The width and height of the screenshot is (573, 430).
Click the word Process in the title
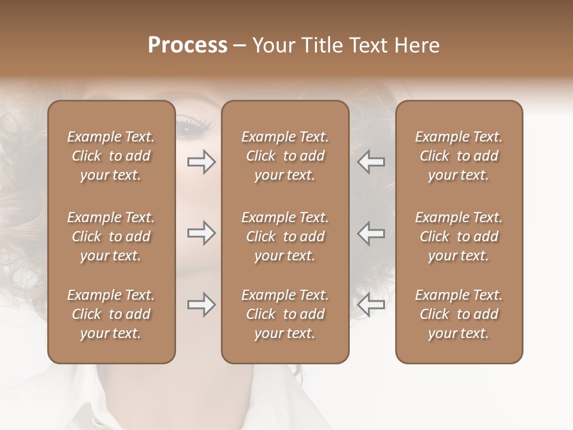(187, 45)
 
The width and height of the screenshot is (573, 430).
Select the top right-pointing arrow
(202, 162)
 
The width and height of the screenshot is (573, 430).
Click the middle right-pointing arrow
(202, 233)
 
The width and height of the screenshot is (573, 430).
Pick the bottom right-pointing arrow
(202, 305)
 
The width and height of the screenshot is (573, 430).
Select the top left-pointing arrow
(371, 162)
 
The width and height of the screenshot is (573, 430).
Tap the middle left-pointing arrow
(371, 233)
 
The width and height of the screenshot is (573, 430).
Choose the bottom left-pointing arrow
(371, 305)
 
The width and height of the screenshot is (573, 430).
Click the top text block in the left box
(111, 156)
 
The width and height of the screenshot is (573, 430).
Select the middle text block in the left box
(111, 236)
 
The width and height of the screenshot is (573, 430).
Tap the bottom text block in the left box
(111, 314)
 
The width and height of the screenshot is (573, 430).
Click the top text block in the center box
(285, 156)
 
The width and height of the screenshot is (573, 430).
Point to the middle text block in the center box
(285, 236)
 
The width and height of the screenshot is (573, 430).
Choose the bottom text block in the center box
(285, 314)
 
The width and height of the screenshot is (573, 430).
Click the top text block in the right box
(458, 156)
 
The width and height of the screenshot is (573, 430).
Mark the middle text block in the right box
(458, 236)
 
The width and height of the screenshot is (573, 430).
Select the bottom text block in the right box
(458, 314)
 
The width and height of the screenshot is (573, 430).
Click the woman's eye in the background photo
(192, 127)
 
